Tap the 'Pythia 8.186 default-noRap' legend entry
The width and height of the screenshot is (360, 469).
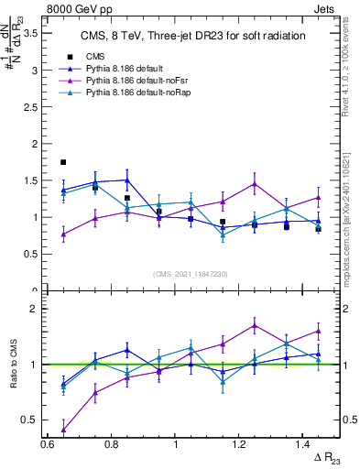(x=130, y=93)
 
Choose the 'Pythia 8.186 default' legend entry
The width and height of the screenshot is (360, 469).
(x=117, y=69)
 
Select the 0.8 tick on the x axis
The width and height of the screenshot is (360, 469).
(x=111, y=444)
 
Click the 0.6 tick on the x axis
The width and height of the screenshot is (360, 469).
(x=47, y=444)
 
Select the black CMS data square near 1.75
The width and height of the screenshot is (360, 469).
(x=63, y=162)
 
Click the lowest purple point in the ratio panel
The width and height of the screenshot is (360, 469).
(x=63, y=429)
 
